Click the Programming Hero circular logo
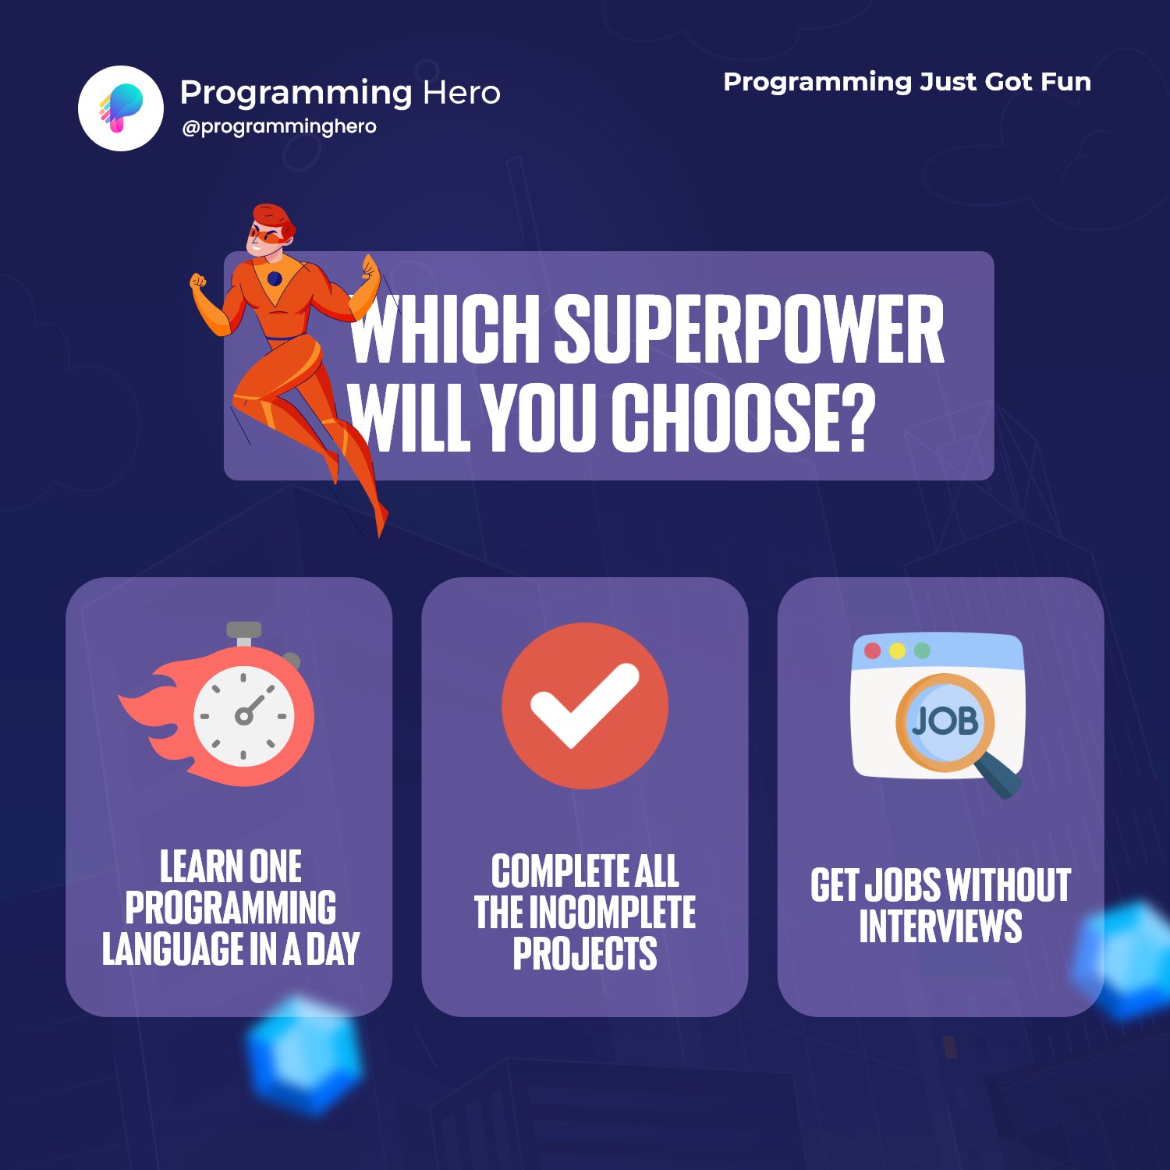[121, 108]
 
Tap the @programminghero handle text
[278, 126]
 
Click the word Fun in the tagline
[1065, 82]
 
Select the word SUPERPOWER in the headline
[749, 330]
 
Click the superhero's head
[269, 230]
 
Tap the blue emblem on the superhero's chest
[275, 278]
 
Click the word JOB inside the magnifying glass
[945, 721]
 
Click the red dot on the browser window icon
[873, 651]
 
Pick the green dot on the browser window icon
[922, 651]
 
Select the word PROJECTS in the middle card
[585, 954]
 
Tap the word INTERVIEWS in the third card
[940, 926]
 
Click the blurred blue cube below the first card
[304, 1053]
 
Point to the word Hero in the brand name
[461, 93]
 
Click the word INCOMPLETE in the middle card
[612, 913]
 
